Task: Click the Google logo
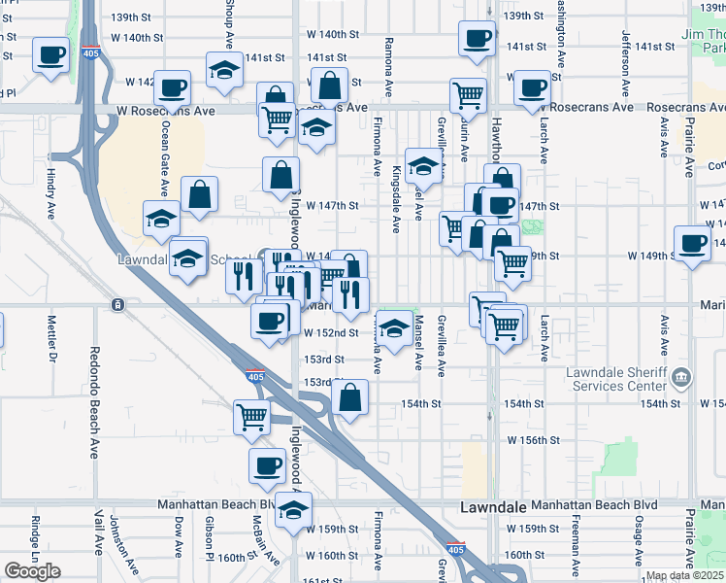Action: click(x=32, y=570)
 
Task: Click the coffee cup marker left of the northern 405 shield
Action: click(x=49, y=54)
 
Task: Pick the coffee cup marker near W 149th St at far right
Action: click(x=692, y=243)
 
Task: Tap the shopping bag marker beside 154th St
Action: click(x=350, y=396)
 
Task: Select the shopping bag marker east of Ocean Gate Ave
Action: click(x=199, y=193)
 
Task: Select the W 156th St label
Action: click(x=532, y=440)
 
